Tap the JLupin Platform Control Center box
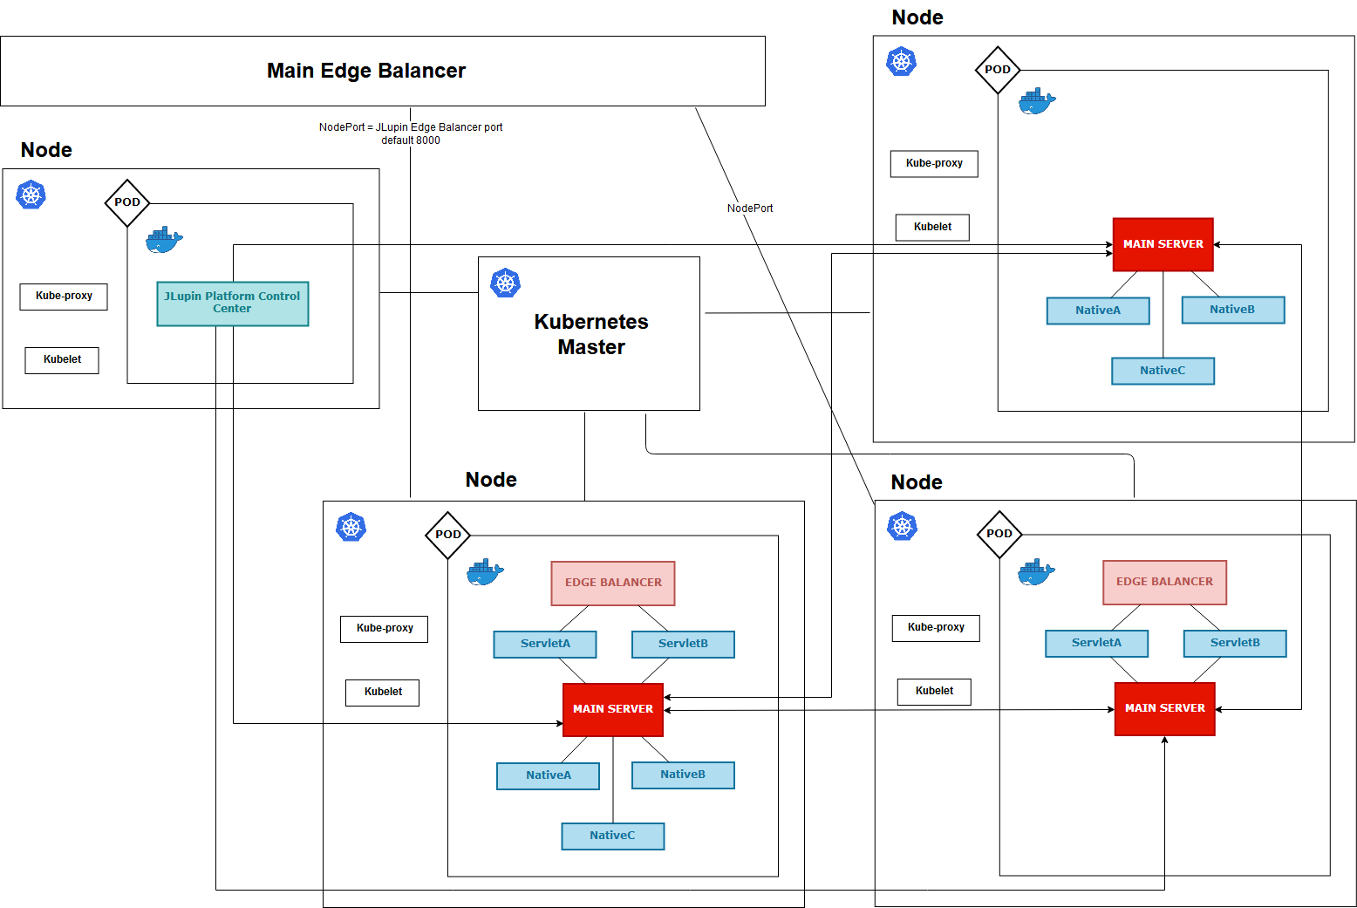[x=232, y=303]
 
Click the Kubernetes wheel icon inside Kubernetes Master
[x=506, y=283]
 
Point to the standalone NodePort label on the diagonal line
[x=750, y=208]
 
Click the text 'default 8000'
[x=411, y=140]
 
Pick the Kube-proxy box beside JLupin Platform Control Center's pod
[x=64, y=297]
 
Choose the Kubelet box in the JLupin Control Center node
[x=62, y=359]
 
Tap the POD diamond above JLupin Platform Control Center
[x=127, y=202]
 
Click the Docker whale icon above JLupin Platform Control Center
[x=164, y=240]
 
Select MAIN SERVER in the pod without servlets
[x=1163, y=244]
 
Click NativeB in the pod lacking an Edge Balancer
[x=1232, y=310]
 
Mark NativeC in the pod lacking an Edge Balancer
[x=1163, y=371]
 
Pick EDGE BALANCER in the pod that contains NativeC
[x=613, y=583]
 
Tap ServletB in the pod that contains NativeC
[x=683, y=644]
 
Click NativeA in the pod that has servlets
[x=548, y=775]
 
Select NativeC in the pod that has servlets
[x=612, y=836]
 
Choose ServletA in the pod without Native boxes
[x=1096, y=643]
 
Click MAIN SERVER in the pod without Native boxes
[x=1164, y=708]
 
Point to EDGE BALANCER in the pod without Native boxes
[x=1164, y=582]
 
